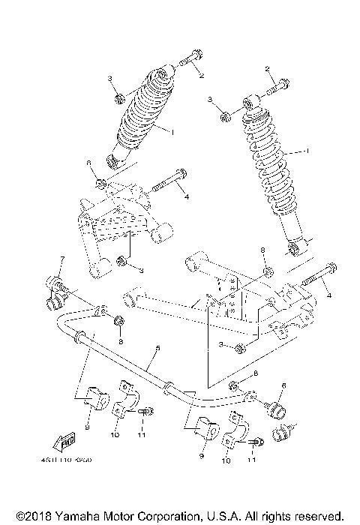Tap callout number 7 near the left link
63,260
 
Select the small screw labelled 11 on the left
147,411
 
